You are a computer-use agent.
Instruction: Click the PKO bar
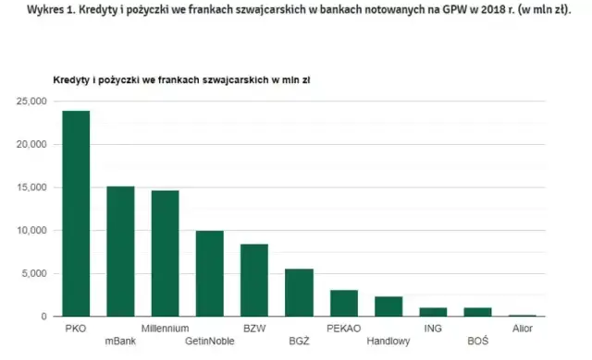click(x=77, y=213)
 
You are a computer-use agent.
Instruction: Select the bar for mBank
click(x=121, y=251)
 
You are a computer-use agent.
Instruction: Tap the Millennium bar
click(x=166, y=253)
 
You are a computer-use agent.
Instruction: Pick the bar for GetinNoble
click(x=210, y=273)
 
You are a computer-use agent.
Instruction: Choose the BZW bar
click(x=254, y=280)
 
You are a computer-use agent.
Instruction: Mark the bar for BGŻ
click(x=299, y=293)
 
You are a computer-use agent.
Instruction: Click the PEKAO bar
click(x=343, y=303)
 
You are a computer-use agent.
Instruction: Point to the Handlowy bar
click(x=388, y=306)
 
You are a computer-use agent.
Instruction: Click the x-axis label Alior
click(x=523, y=328)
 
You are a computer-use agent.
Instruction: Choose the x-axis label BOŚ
click(x=477, y=342)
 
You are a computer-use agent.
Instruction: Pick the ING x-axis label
click(x=433, y=328)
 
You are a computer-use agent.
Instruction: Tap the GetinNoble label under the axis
click(x=210, y=342)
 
